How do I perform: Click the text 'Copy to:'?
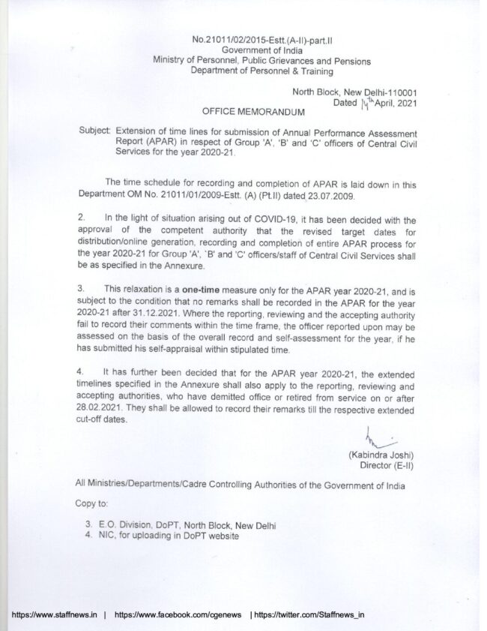coord(91,503)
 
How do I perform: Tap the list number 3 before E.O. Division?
coord(88,526)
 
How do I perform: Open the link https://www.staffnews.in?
coord(54,614)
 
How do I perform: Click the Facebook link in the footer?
coord(178,614)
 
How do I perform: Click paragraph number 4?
coord(81,371)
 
